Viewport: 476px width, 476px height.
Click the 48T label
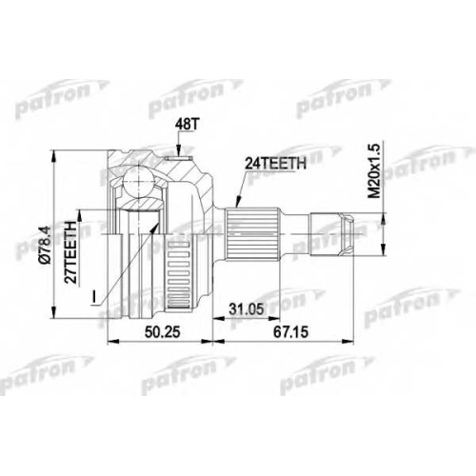pos(186,125)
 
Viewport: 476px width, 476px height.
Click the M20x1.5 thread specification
pos(374,170)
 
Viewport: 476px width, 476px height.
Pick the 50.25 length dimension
pos(162,332)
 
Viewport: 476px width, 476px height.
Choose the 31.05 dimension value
pos(247,308)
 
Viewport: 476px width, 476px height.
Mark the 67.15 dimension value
pos(291,332)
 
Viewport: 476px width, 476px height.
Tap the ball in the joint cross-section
pos(139,182)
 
